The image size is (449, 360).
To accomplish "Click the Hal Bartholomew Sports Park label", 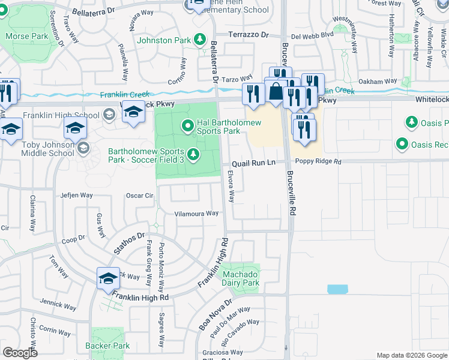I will click(x=218, y=127).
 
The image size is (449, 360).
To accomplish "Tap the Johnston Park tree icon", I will click(x=200, y=40).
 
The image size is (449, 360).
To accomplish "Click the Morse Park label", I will click(x=26, y=36).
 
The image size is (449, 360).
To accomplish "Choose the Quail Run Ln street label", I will click(x=253, y=163).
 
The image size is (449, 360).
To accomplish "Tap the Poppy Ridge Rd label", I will click(x=318, y=162).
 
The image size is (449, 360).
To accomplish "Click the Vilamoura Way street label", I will click(x=196, y=213).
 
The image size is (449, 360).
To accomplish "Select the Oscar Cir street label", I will click(x=140, y=195).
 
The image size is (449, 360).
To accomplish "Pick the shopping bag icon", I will click(x=276, y=92).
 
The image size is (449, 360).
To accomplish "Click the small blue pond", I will click(x=337, y=289).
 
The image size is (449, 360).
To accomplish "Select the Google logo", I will click(x=20, y=353).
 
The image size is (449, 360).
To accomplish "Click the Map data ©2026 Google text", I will click(x=411, y=355).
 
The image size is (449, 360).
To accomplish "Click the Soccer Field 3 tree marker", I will click(x=193, y=155).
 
